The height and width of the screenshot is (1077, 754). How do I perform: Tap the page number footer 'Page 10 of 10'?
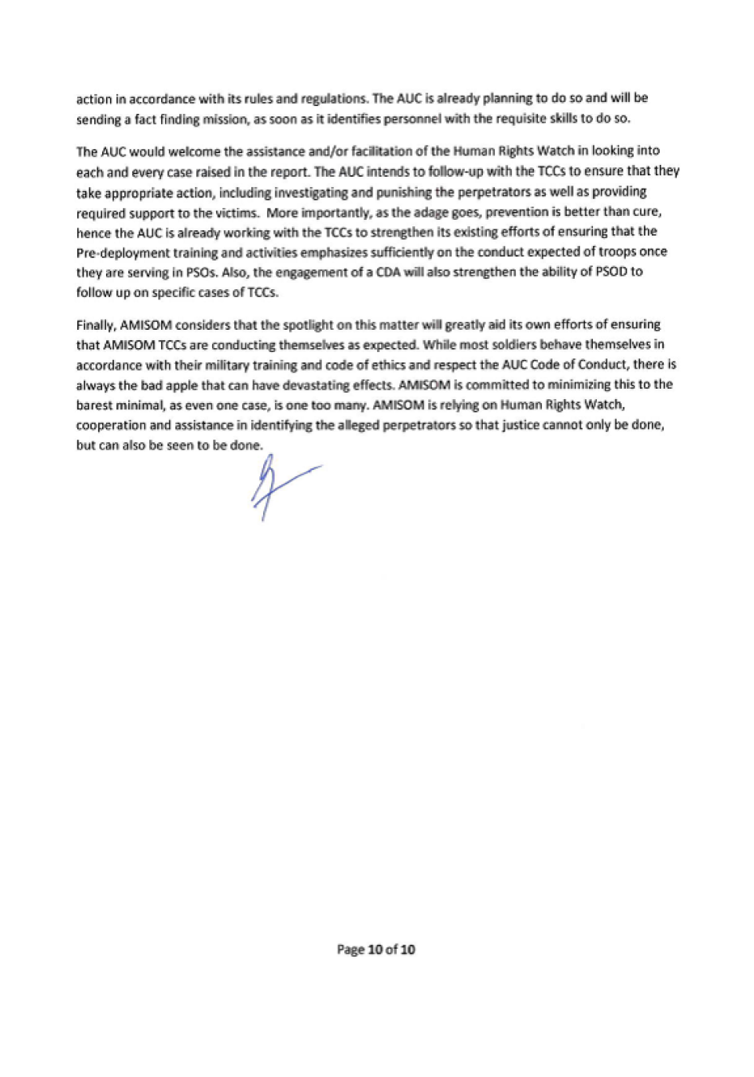376,949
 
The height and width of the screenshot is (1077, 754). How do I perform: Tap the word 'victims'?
237,212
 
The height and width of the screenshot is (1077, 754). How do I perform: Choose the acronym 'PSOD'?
611,272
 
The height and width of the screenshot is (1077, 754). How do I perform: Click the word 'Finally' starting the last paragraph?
96,325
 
